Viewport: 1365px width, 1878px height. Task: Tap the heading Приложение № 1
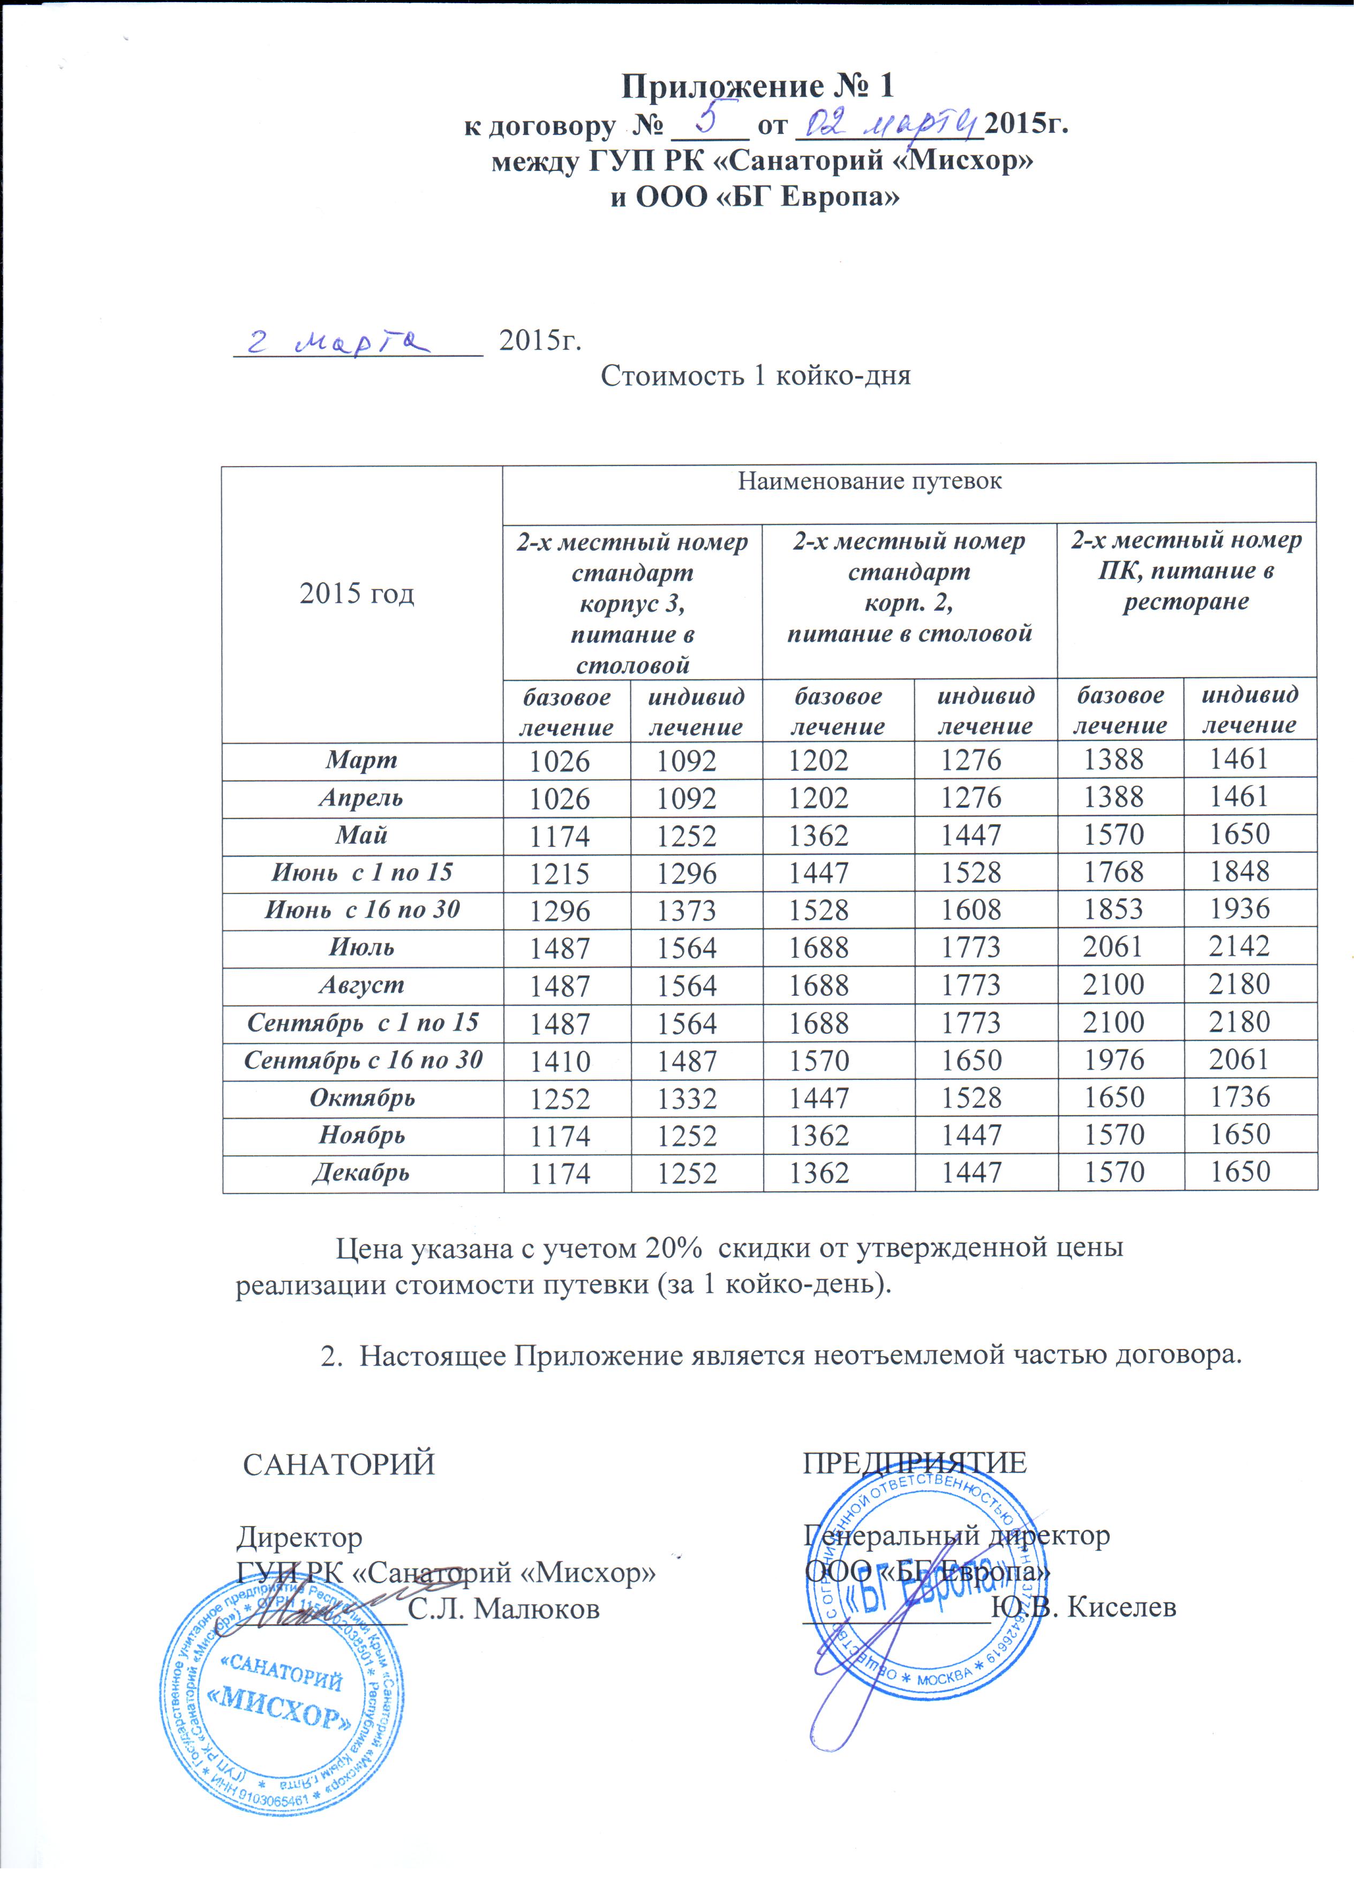point(757,85)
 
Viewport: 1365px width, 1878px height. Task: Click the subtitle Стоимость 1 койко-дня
point(755,376)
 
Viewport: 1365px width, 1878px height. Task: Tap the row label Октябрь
point(362,1098)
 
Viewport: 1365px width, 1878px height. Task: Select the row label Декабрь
point(362,1173)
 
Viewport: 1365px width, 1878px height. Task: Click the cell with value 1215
point(560,874)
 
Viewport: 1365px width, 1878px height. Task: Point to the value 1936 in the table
point(1239,909)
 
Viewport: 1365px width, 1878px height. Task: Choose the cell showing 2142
point(1239,946)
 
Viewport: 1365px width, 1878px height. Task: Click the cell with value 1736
point(1239,1098)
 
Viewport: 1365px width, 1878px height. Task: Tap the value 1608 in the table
point(971,910)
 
